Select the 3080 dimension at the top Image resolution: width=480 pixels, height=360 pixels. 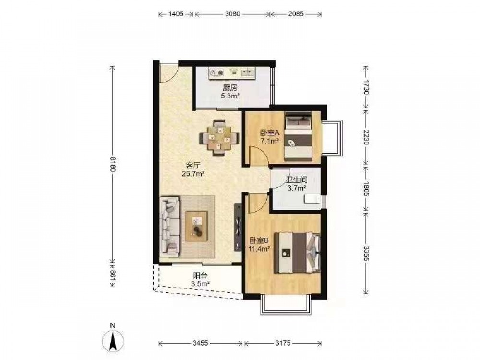(233, 14)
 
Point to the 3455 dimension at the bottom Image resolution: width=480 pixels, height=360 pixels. (201, 343)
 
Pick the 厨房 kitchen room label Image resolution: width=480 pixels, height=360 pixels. (230, 88)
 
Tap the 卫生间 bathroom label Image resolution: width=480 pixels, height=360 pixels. (297, 180)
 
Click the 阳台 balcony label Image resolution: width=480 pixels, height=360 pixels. (200, 276)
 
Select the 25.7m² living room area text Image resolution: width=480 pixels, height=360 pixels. (193, 174)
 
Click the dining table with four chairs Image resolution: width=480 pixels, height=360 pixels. (219, 138)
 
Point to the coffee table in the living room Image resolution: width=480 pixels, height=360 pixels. (196, 226)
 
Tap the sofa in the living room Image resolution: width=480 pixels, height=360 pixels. (169, 226)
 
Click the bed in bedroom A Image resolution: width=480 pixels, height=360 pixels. (299, 136)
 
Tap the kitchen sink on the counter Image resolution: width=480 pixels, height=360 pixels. (248, 73)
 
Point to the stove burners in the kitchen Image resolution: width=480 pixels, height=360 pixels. (216, 73)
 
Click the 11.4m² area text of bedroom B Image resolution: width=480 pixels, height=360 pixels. (259, 248)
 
